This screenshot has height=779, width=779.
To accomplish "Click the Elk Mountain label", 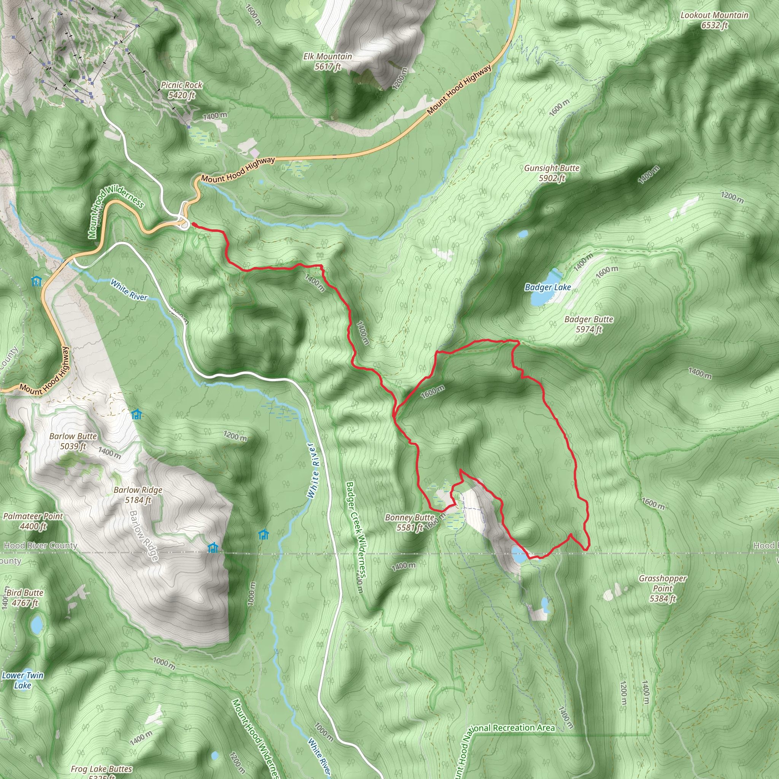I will click(327, 61).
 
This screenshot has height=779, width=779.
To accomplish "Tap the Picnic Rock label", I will click(181, 90).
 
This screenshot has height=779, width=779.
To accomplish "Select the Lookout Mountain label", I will click(714, 20).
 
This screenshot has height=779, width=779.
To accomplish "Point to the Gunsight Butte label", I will click(552, 173).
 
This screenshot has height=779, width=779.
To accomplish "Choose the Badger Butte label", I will click(589, 324).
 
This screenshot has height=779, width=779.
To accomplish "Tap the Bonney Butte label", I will click(410, 522).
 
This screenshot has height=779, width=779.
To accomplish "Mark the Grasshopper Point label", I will click(663, 588).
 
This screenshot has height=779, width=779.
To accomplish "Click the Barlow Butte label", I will click(73, 441).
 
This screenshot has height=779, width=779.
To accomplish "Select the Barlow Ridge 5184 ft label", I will click(138, 495).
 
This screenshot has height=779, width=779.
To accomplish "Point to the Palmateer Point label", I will click(33, 521).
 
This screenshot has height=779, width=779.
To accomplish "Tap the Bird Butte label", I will click(25, 598).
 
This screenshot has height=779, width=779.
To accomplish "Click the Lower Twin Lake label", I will click(22, 680).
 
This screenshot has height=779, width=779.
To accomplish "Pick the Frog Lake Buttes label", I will click(102, 769).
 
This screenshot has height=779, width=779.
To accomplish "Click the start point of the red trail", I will click(193, 224).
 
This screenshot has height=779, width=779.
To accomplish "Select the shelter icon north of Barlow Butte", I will click(136, 414).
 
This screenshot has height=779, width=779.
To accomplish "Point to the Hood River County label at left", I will click(40, 545).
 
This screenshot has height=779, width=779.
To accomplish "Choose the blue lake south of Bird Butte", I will click(37, 625).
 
